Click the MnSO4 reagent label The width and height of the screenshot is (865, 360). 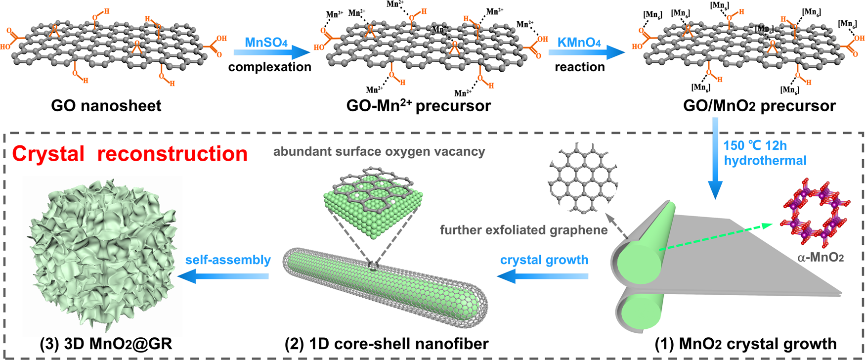point(266,42)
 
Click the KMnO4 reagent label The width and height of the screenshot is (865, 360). point(579,42)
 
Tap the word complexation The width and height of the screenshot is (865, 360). point(269,67)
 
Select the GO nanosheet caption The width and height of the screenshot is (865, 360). point(106,105)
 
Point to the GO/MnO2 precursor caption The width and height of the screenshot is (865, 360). point(759,105)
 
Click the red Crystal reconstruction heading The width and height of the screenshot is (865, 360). point(130,154)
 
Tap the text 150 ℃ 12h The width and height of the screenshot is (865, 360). point(755,146)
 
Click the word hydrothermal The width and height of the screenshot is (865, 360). point(765,161)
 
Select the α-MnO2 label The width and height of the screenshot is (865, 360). point(820,257)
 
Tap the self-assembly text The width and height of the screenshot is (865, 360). point(228,260)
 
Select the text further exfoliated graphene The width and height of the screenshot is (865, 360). point(523,230)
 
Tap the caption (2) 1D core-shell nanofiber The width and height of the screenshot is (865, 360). point(387,344)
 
